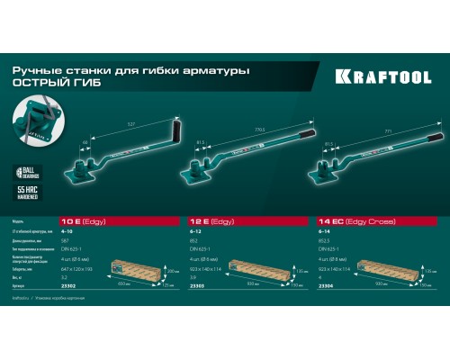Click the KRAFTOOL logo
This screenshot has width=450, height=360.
[x=388, y=78]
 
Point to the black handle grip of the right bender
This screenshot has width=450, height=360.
[x=435, y=138]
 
